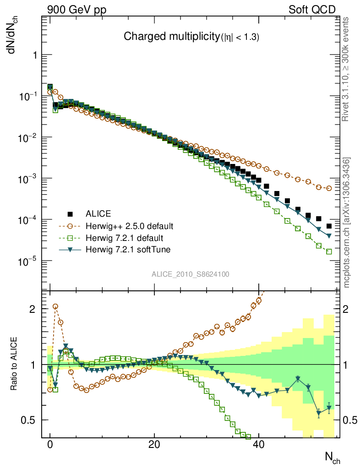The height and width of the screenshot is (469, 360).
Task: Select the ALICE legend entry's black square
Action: [70, 213]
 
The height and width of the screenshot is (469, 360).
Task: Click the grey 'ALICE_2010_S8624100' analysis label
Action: [191, 274]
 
